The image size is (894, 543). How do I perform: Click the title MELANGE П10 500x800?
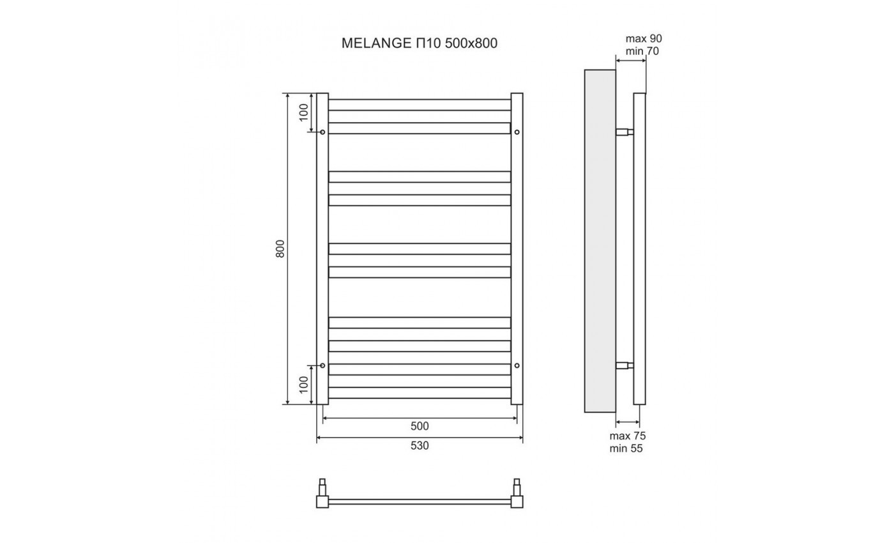pyautogui.click(x=420, y=43)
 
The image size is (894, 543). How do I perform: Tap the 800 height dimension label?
pyautogui.click(x=280, y=249)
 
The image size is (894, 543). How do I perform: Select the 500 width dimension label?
pyautogui.click(x=420, y=426)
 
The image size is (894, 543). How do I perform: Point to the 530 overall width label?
pyautogui.click(x=420, y=446)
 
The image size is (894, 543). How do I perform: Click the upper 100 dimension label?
pyautogui.click(x=304, y=112)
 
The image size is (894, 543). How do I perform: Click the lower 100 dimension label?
pyautogui.click(x=304, y=385)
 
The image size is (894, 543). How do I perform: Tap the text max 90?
pyautogui.click(x=644, y=39)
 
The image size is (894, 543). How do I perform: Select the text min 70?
pyautogui.click(x=642, y=51)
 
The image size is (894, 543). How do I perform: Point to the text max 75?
pyautogui.click(x=627, y=436)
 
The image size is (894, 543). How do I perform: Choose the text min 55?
pyautogui.click(x=626, y=448)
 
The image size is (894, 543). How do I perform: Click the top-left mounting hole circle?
pyautogui.click(x=322, y=132)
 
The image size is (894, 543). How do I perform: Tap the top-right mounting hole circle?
pyautogui.click(x=517, y=132)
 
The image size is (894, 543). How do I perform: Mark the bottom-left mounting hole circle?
pyautogui.click(x=322, y=365)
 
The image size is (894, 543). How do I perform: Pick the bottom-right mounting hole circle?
pyautogui.click(x=517, y=365)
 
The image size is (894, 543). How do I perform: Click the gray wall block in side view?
pyautogui.click(x=600, y=241)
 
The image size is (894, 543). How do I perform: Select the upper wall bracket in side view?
pyautogui.click(x=625, y=132)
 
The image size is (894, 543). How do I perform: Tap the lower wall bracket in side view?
pyautogui.click(x=625, y=365)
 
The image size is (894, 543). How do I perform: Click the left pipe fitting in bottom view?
pyautogui.click(x=322, y=493)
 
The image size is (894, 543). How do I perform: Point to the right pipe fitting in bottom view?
pyautogui.click(x=517, y=493)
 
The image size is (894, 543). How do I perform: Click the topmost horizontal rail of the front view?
pyautogui.click(x=420, y=105)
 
